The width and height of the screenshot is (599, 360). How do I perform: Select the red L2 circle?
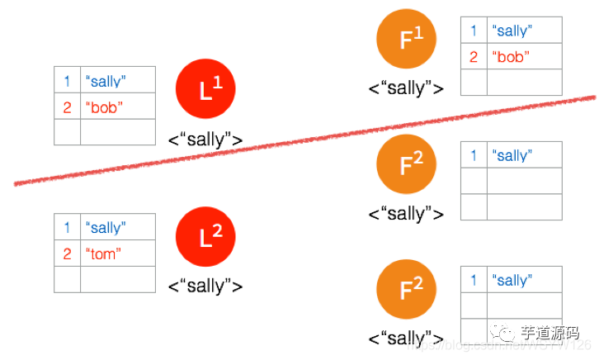point(205,238)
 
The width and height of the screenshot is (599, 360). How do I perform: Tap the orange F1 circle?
point(406,40)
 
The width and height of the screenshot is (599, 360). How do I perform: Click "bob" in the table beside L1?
point(104,107)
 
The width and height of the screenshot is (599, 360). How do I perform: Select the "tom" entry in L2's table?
point(101,254)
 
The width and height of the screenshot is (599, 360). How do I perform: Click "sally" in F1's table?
point(512,31)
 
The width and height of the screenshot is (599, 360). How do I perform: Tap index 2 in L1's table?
point(67,107)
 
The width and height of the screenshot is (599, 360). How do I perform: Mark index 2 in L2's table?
point(67,254)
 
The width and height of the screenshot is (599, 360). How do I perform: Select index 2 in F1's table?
point(474,57)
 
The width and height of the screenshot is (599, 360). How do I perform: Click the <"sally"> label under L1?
point(205,140)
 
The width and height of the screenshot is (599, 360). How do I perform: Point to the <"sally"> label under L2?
point(205,287)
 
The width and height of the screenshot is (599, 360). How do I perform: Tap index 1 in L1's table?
point(67,81)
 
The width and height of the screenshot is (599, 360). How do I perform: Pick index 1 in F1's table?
point(474,31)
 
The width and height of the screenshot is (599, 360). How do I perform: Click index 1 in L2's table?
point(67,228)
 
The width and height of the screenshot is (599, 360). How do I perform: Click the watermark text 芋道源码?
point(548,333)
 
